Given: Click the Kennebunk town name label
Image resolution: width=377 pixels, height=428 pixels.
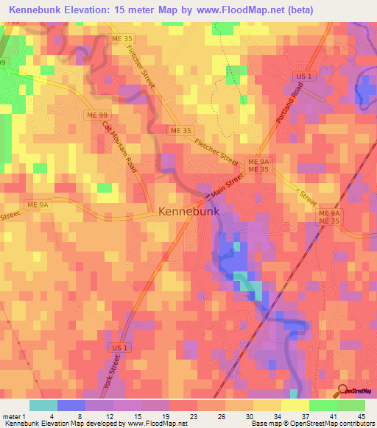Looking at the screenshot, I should tap(188, 211).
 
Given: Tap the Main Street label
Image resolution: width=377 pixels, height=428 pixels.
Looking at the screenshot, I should tap(228, 186).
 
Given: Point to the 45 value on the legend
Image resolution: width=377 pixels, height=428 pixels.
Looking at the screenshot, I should tap(360, 415).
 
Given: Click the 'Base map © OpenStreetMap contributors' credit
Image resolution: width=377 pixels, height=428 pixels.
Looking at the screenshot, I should tap(312, 424).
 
